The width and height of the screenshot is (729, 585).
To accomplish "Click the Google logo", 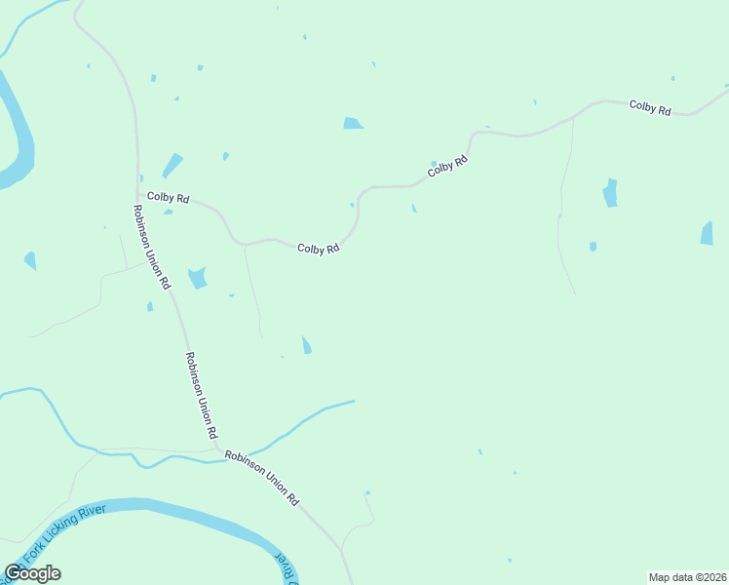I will (x=32, y=573).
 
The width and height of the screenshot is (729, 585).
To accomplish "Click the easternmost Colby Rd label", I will (x=650, y=108).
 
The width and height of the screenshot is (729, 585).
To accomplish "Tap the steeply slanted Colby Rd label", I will (x=447, y=167).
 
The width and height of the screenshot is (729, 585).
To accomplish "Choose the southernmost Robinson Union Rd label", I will (x=261, y=478).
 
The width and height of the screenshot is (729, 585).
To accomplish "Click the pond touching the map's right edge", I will (x=707, y=233).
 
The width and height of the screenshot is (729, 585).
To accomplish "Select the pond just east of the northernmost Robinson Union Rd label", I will (x=198, y=278).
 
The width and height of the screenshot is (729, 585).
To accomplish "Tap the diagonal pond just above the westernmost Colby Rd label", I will (x=173, y=166).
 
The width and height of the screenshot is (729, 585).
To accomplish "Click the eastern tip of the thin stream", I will (x=353, y=401).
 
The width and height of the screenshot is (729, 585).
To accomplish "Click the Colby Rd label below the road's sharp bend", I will (x=318, y=249).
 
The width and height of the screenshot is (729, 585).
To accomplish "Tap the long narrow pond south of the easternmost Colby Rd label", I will (x=610, y=192).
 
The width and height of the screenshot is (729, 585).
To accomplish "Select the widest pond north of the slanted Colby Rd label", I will (x=353, y=123).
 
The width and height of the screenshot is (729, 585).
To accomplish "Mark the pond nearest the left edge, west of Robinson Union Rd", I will (x=30, y=260).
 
